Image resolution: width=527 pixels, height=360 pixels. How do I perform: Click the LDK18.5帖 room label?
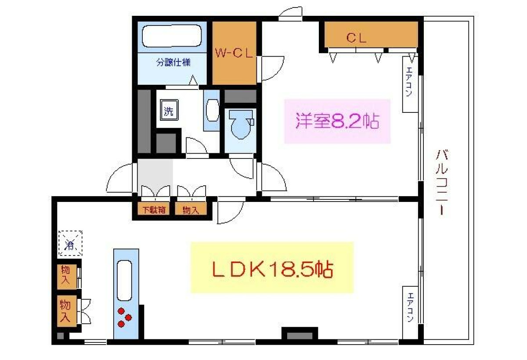coord(272,270)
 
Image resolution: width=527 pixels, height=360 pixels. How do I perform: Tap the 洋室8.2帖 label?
coord(337,121)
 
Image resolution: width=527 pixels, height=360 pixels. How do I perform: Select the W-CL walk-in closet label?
coord(234,53)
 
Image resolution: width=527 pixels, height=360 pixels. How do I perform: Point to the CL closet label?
coord(356,38)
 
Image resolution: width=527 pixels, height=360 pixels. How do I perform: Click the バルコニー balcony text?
coord(442,183)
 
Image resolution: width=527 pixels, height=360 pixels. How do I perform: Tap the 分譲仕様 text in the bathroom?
coord(173,62)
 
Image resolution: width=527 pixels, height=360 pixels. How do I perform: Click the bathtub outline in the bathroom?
coord(172,36)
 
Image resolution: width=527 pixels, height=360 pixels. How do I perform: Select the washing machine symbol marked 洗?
coord(169,110)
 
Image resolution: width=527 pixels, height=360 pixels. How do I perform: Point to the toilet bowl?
coord(241,124)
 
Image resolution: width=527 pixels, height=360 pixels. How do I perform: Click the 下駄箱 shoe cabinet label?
coord(154,210)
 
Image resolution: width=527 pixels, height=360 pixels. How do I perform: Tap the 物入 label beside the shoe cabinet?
coord(191,210)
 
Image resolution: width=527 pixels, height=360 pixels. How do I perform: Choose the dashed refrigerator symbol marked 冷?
coord(70,244)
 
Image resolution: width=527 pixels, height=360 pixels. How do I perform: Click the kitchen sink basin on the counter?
coord(124,281)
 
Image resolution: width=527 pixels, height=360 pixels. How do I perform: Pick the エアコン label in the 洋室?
coord(410,82)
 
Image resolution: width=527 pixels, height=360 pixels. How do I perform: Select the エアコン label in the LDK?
coord(410,308)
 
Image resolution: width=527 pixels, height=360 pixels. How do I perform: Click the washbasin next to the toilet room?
coord(212,110)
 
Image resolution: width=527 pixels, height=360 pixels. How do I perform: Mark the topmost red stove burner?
coord(121,311)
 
